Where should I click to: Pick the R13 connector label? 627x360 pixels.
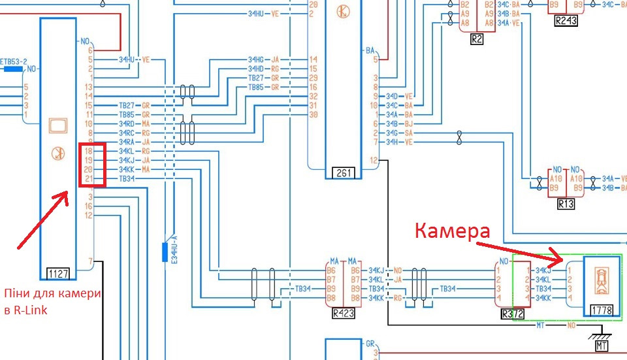click(x=566, y=204)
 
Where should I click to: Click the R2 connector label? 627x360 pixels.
click(x=477, y=39)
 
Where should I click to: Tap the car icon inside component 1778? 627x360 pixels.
click(x=600, y=280)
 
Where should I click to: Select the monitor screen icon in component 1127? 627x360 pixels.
click(x=58, y=124)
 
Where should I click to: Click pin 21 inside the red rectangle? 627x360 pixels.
click(x=88, y=178)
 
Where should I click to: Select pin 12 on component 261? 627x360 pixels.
click(x=373, y=160)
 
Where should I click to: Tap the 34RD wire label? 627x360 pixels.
click(x=126, y=123)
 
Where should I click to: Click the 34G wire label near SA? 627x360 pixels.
click(x=393, y=133)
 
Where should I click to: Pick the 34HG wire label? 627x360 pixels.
click(x=256, y=59)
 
